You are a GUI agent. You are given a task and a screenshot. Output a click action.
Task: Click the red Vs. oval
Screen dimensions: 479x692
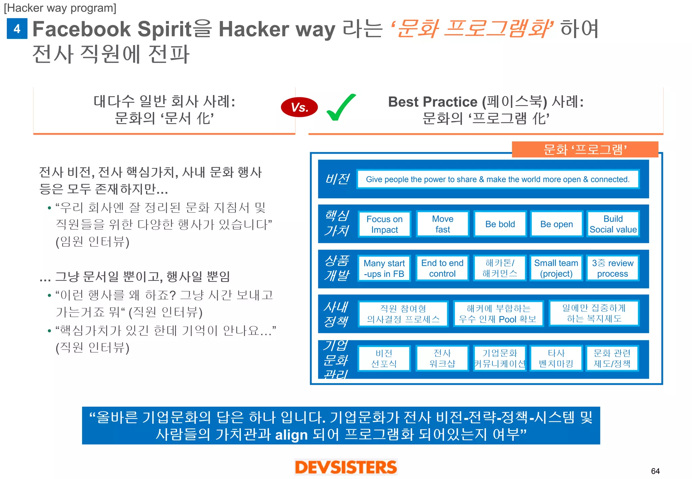299,107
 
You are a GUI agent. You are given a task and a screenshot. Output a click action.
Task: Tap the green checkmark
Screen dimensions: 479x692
341,108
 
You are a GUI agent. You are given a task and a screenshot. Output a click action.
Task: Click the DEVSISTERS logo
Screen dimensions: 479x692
346,467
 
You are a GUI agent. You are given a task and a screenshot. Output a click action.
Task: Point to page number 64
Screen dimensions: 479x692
655,471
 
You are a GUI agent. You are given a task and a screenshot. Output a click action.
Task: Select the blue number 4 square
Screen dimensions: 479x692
17,29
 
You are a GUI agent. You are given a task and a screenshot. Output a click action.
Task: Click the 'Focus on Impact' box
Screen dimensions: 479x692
385,224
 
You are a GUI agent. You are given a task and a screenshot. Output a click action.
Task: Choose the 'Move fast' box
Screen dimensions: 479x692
443,224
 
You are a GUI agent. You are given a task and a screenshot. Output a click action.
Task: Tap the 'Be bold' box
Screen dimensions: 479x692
500,224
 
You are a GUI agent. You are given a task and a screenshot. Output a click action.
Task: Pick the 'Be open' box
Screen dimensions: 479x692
557,224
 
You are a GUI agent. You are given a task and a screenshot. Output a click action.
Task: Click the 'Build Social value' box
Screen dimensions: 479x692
613,224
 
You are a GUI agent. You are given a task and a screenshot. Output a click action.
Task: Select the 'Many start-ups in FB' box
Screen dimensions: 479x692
384,269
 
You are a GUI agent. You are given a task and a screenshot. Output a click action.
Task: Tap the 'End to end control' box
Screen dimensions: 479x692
442,269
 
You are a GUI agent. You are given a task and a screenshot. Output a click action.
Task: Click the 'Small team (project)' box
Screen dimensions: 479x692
556,269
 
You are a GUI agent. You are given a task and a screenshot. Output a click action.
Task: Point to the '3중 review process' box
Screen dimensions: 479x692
613,269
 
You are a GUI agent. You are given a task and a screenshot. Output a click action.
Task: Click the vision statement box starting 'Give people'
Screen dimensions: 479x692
498,179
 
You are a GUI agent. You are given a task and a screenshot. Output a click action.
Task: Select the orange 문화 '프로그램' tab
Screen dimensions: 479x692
585,149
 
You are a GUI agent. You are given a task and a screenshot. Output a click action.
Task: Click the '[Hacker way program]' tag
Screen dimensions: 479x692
60,8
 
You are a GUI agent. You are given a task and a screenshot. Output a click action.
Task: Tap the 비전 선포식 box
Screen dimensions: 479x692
384,358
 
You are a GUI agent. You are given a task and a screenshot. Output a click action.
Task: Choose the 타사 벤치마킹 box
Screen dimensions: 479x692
556,358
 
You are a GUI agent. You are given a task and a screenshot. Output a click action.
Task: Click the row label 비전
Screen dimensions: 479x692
337,179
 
